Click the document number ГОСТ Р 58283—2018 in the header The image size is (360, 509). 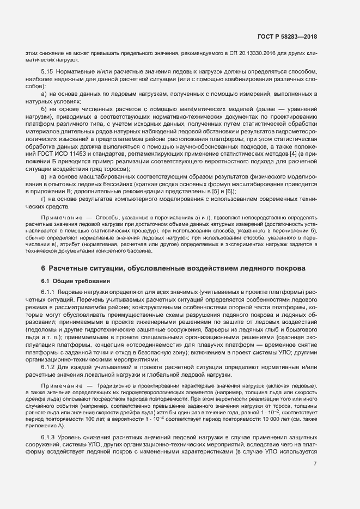(286, 36)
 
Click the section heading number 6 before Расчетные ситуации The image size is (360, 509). (43, 268)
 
